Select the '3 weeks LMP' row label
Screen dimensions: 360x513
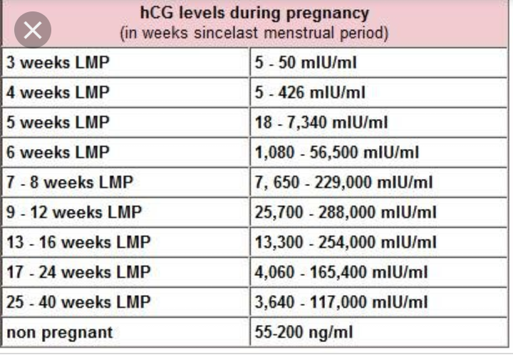48,63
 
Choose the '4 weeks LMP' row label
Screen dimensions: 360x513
48,93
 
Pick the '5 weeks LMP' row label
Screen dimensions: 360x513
48,123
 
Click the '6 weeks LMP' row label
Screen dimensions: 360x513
48,153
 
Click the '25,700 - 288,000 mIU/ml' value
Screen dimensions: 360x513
345,212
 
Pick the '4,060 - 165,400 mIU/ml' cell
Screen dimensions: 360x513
341,272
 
